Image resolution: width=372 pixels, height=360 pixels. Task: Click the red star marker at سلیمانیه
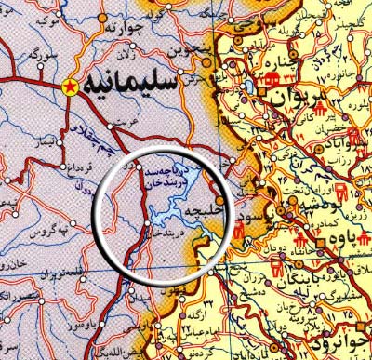point(68,87)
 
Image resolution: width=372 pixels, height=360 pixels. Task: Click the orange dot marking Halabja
point(219,199)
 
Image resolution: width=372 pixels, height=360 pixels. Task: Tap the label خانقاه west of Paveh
point(285,246)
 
